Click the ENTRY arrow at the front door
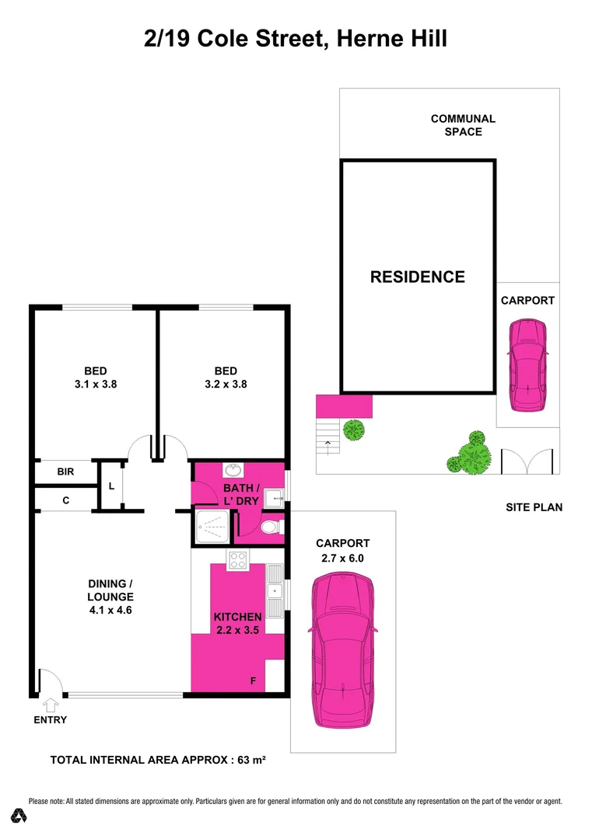point(51,705)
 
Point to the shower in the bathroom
point(212,529)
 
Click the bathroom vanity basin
point(232,469)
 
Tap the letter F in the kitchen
point(252,681)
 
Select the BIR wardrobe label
point(65,472)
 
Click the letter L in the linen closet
point(111,486)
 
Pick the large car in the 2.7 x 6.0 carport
point(342,650)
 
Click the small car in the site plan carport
point(527,365)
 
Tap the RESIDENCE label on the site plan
point(418,277)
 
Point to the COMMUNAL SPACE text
point(463,125)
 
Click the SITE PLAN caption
point(534,507)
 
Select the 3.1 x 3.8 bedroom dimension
point(95,384)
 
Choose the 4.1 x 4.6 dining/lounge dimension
point(110,611)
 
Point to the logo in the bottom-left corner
point(19,815)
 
